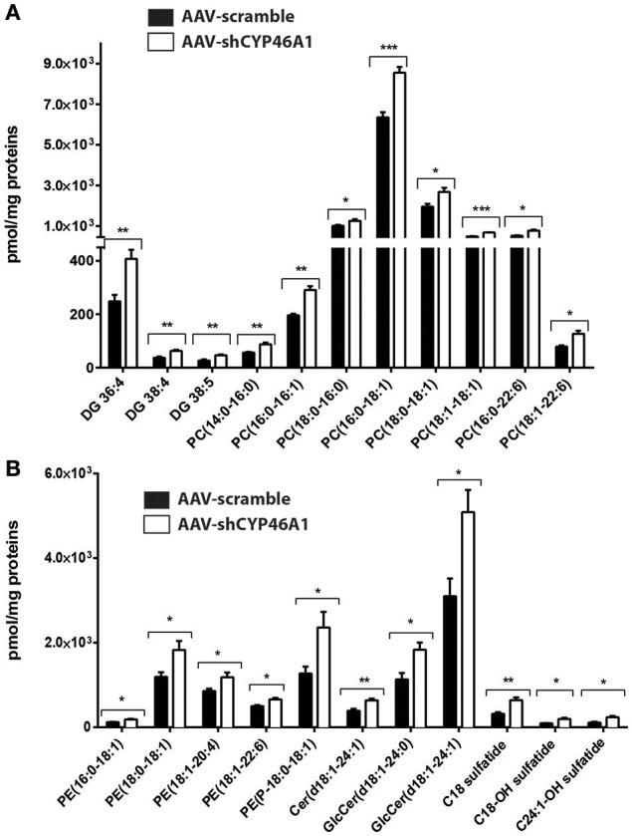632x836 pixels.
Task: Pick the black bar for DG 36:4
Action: coord(115,334)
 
